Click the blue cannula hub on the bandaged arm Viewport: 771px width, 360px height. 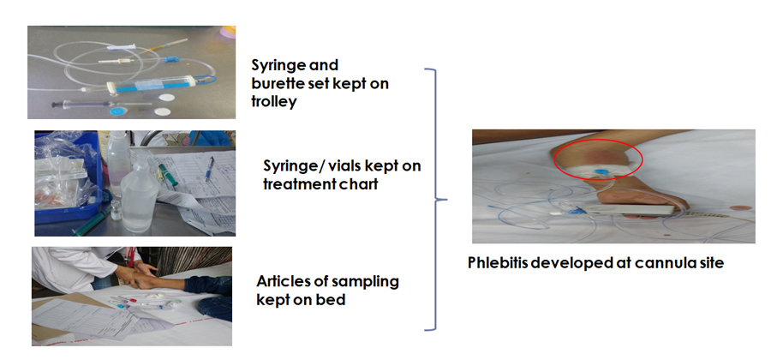coord(601,171)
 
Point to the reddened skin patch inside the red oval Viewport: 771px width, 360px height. coord(594,156)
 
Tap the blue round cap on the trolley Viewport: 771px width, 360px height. coord(117,111)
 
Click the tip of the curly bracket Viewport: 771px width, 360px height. coord(447,200)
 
